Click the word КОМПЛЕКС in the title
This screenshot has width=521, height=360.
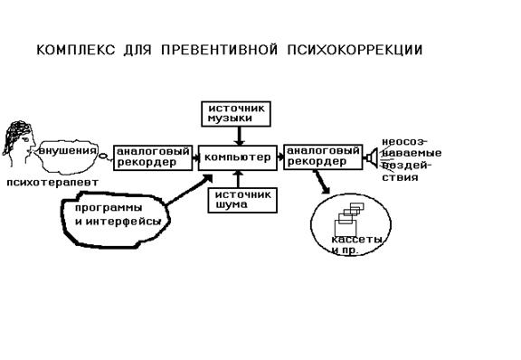pyautogui.click(x=75, y=50)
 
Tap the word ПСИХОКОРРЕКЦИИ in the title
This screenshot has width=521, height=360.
pyautogui.click(x=355, y=50)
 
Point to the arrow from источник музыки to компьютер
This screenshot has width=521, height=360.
pyautogui.click(x=239, y=136)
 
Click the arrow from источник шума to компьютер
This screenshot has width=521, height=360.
pyautogui.click(x=238, y=179)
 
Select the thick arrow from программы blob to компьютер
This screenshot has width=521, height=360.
pyautogui.click(x=189, y=190)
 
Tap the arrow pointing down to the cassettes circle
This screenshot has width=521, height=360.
pyautogui.click(x=321, y=182)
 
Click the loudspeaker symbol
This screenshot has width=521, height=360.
pyautogui.click(x=371, y=157)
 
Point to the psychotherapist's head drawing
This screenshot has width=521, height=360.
pyautogui.click(x=19, y=143)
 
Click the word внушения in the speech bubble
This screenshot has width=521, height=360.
pyautogui.click(x=68, y=151)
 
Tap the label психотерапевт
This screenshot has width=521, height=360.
pyautogui.click(x=52, y=183)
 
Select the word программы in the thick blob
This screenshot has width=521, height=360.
pyautogui.click(x=109, y=208)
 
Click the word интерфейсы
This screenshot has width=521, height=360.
pyautogui.click(x=123, y=222)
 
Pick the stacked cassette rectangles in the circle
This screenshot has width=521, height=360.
pyautogui.click(x=348, y=219)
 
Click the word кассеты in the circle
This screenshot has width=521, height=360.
pyautogui.click(x=356, y=240)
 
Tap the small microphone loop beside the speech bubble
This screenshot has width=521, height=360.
pyautogui.click(x=104, y=156)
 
